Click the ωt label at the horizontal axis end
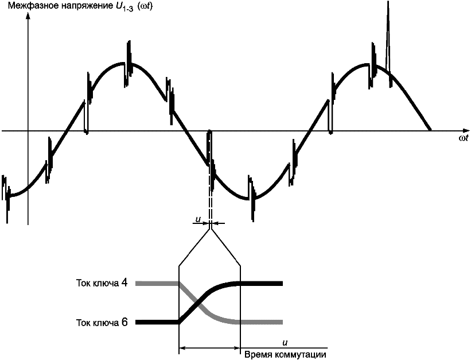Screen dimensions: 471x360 pos(464,139)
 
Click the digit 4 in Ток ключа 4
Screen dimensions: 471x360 pos(124,282)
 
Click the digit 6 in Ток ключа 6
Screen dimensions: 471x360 pos(124,322)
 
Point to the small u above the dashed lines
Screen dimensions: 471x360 pos(198,219)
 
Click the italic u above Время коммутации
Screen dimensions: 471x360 pos(285,342)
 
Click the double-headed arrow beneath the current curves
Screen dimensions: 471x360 pos(209,347)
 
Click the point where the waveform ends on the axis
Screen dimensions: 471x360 pos(430,130)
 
